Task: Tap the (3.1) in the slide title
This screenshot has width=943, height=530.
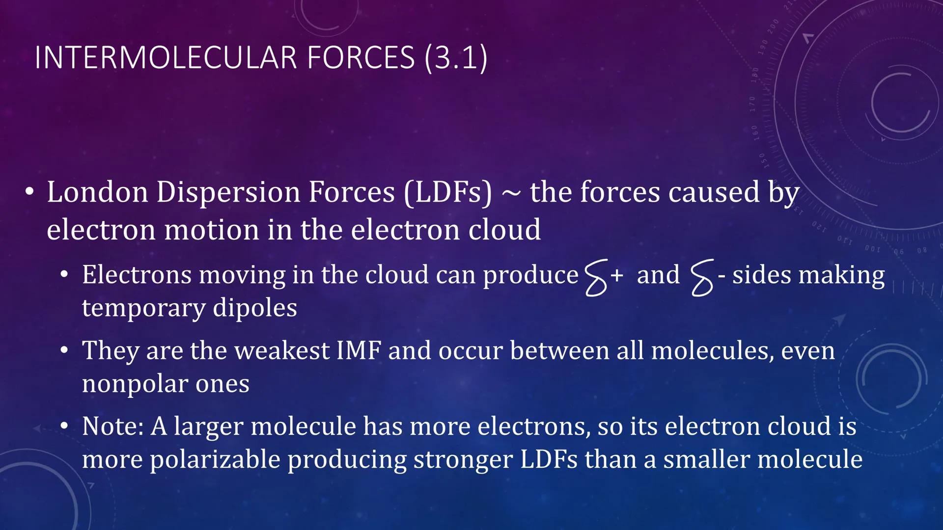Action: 456,57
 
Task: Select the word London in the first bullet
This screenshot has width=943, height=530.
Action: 97,192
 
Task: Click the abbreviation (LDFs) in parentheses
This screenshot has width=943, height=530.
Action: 447,192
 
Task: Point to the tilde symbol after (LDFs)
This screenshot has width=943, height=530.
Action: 511,193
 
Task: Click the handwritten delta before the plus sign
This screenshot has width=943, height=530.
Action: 596,278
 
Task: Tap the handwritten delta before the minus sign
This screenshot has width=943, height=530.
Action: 701,278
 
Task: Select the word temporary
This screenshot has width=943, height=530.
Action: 143,308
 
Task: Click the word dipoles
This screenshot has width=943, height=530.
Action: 255,308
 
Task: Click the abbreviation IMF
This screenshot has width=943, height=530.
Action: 359,351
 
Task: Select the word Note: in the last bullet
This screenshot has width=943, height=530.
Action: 112,426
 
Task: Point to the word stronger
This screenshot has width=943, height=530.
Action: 463,460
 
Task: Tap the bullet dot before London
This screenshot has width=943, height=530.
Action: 30,192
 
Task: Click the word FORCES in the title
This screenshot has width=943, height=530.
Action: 361,57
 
